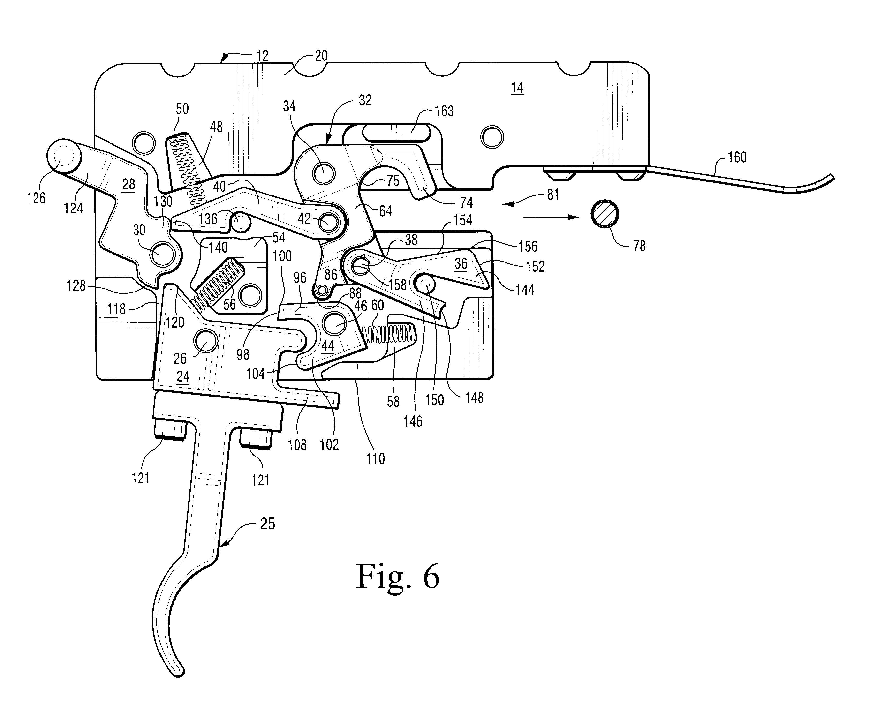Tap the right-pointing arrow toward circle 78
click(x=550, y=217)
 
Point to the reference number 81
click(x=553, y=195)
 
